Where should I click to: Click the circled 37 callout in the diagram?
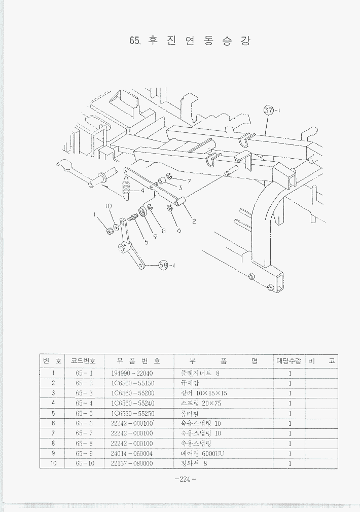point(269,110)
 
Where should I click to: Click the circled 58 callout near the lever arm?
point(163,265)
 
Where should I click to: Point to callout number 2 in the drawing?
point(194,221)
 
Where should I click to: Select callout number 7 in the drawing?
point(189,180)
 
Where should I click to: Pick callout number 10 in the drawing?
point(108,206)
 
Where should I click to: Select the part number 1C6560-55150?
point(132,383)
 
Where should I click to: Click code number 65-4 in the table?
point(84,404)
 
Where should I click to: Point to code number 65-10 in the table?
point(85,463)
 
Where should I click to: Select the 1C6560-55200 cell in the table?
point(132,393)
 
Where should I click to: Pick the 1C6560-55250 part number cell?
point(132,414)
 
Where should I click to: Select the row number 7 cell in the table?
point(53,433)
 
